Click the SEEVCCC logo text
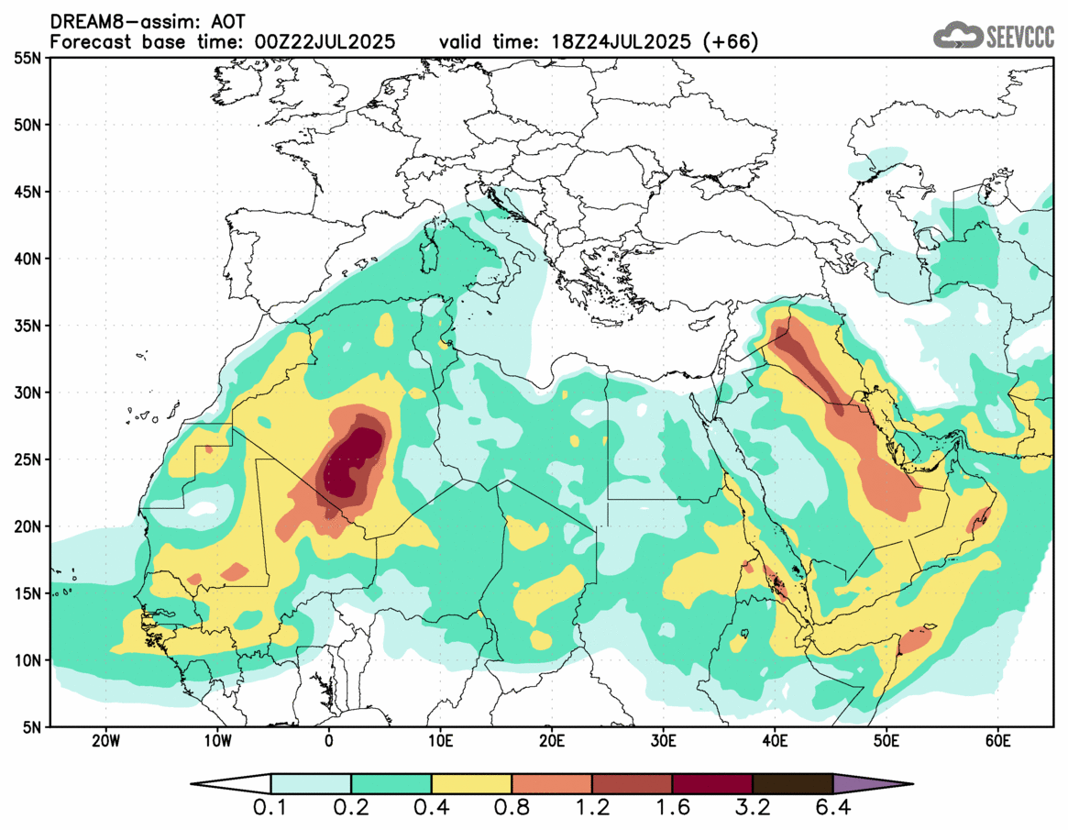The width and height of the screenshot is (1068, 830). (x=1019, y=37)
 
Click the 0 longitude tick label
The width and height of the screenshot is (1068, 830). (x=329, y=739)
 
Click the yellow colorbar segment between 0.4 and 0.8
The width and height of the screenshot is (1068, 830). (x=471, y=784)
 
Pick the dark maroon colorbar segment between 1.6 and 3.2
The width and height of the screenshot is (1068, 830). (x=712, y=784)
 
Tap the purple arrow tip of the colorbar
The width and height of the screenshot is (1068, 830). (x=871, y=784)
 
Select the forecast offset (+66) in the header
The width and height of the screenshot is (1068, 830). (x=732, y=42)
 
